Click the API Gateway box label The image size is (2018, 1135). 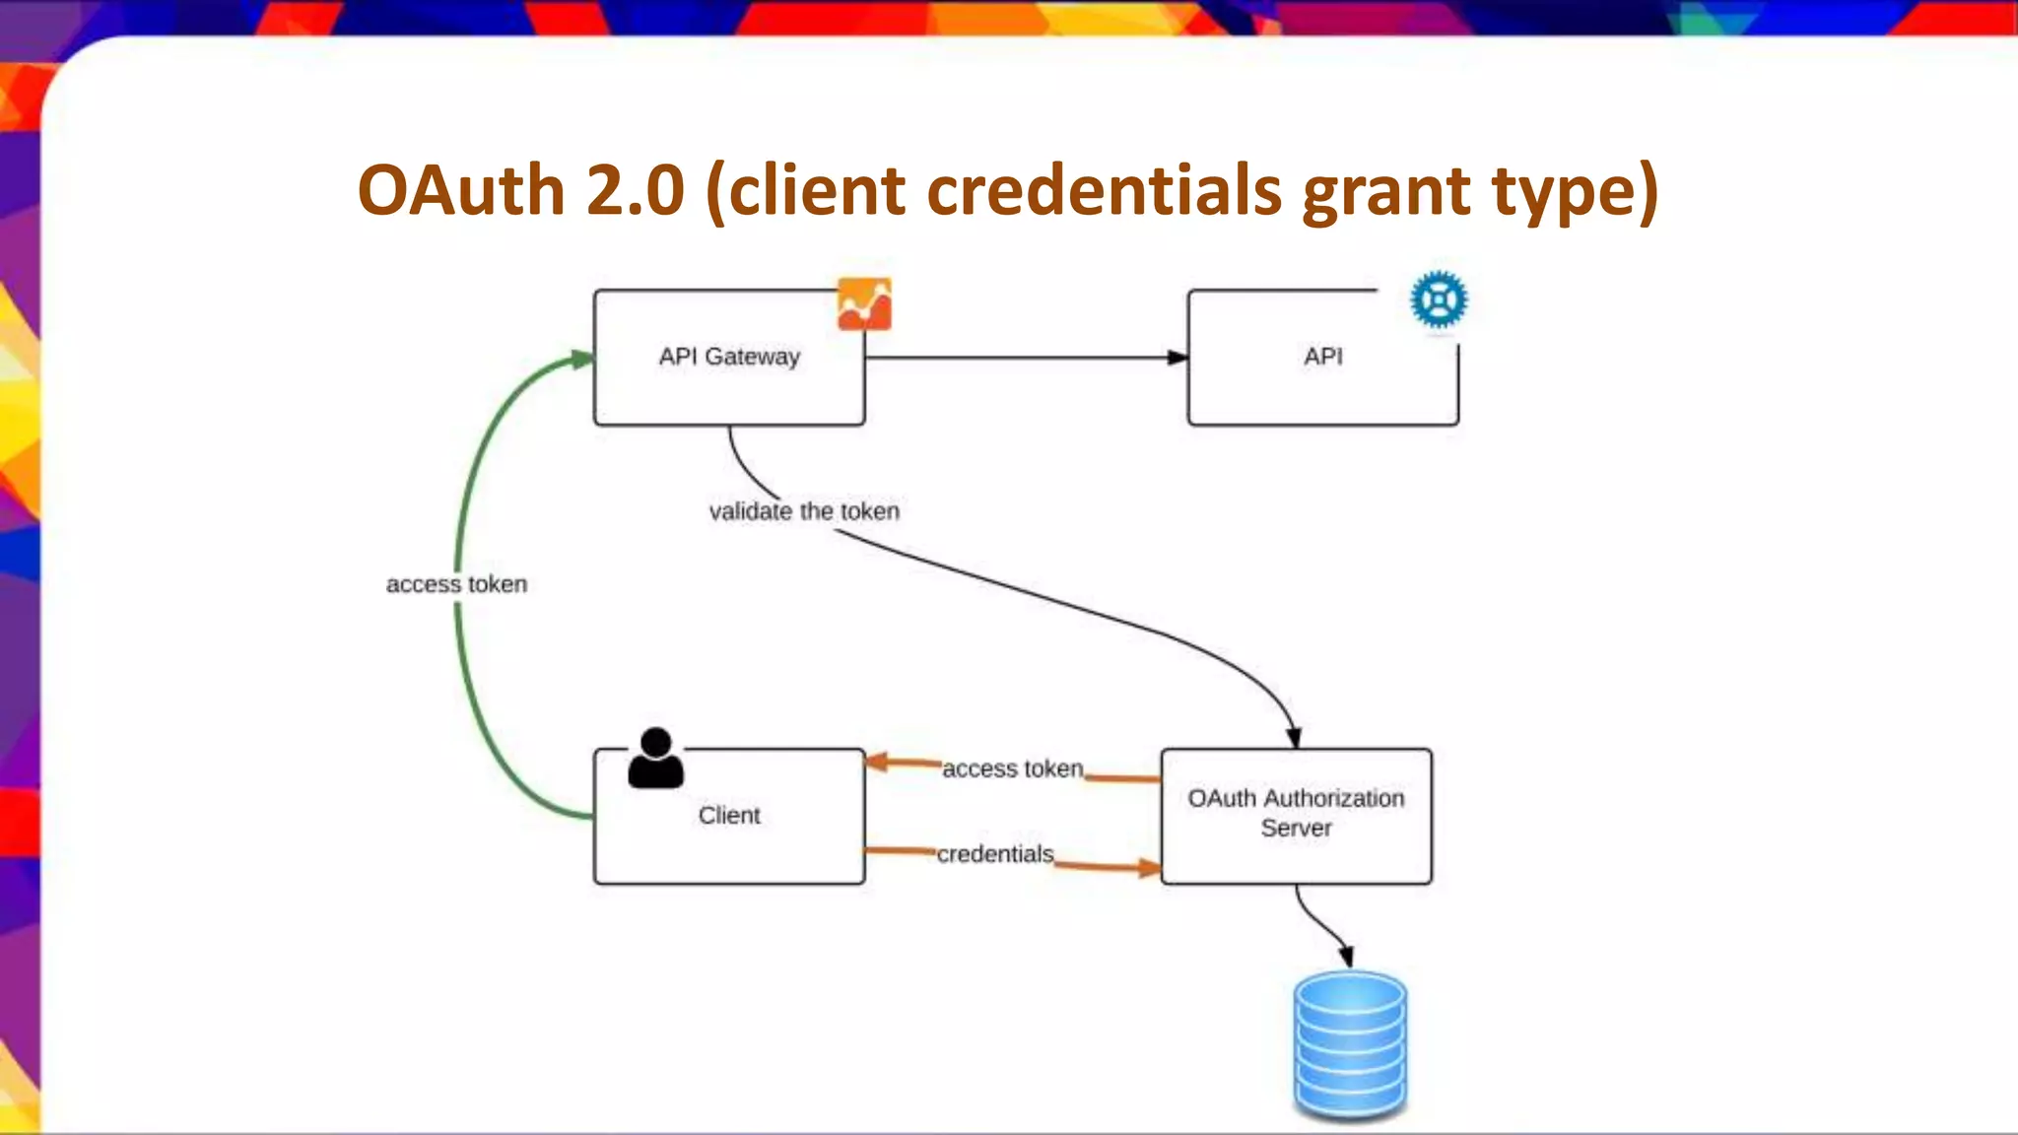click(x=729, y=357)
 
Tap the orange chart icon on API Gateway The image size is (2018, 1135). click(x=864, y=303)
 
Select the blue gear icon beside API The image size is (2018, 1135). click(x=1439, y=300)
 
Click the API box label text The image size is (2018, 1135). click(x=1322, y=357)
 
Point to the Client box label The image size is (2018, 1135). click(x=729, y=816)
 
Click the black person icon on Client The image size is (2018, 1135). click(x=655, y=759)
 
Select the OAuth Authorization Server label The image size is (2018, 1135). click(x=1296, y=813)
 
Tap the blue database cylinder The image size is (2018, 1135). click(x=1350, y=1044)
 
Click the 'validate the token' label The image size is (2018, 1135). click(x=804, y=511)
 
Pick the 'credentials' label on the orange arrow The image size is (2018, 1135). click(x=995, y=854)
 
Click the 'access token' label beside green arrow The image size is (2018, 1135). click(x=456, y=584)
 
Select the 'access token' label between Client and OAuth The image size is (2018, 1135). click(x=1012, y=768)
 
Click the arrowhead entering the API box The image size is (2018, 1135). click(x=1177, y=358)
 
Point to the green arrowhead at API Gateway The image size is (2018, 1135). click(x=582, y=360)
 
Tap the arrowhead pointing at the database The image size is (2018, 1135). click(x=1345, y=956)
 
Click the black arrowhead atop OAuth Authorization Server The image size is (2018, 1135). click(x=1294, y=738)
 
